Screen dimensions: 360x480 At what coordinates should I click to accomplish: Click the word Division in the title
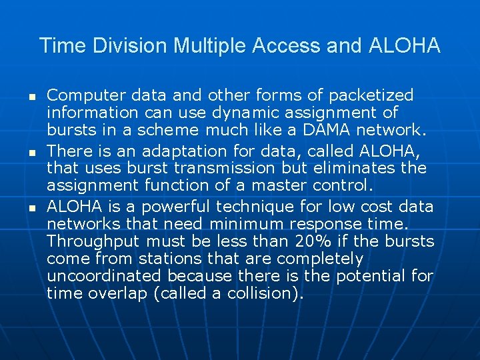[129, 46]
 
